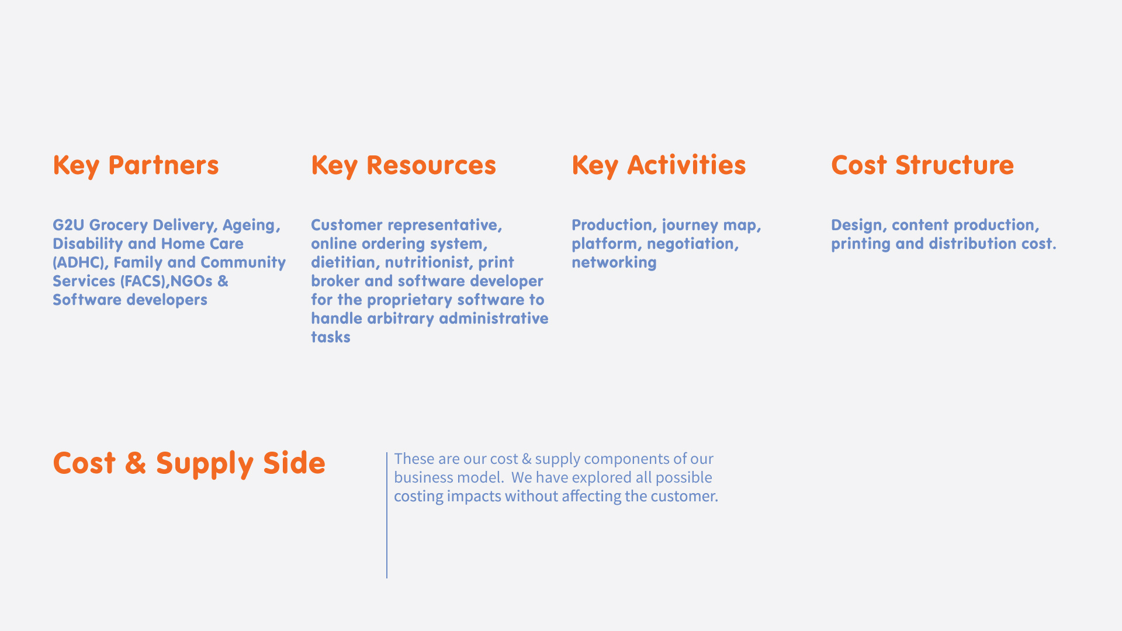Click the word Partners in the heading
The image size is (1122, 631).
pyautogui.click(x=164, y=165)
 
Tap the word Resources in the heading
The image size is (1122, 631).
pyautogui.click(x=431, y=165)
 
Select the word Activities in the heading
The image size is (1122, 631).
pyautogui.click(x=687, y=165)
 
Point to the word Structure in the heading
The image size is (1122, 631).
pyautogui.click(x=954, y=165)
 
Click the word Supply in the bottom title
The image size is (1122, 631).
pyautogui.click(x=205, y=464)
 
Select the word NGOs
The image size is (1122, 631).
pyautogui.click(x=192, y=281)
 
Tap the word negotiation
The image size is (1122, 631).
pyautogui.click(x=692, y=244)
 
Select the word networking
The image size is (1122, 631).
pyautogui.click(x=614, y=263)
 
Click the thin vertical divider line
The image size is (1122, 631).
pyautogui.click(x=387, y=515)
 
